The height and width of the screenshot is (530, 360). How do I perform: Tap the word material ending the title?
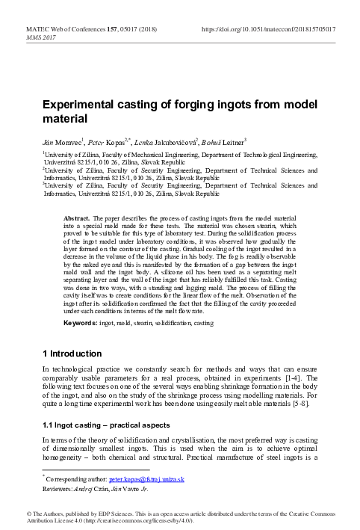tap(64, 119)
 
